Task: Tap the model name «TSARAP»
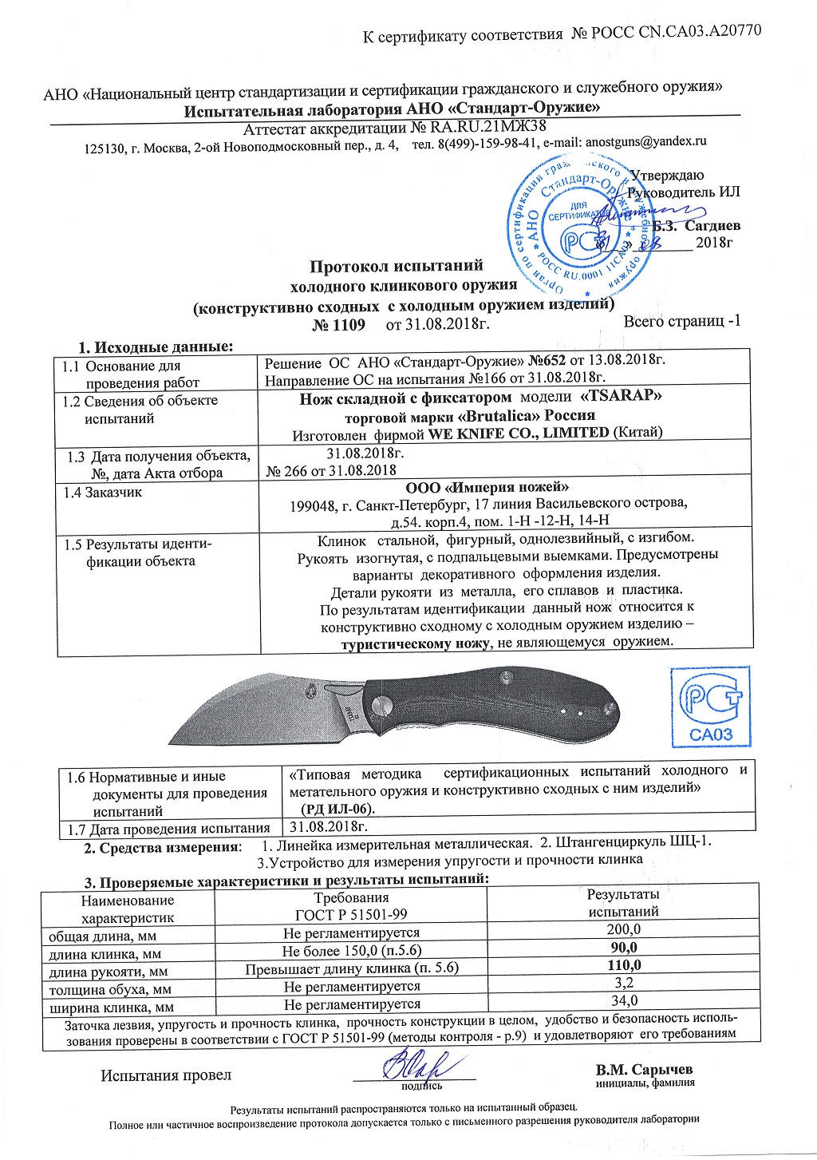621,397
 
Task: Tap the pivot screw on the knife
381,704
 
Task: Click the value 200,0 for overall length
623,929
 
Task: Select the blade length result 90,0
623,948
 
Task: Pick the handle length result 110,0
623,965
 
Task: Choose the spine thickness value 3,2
623,983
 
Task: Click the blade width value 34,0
623,1000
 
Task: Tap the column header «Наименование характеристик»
128,909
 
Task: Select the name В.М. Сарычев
644,1069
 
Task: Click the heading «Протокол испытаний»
397,266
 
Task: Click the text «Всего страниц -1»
682,321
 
